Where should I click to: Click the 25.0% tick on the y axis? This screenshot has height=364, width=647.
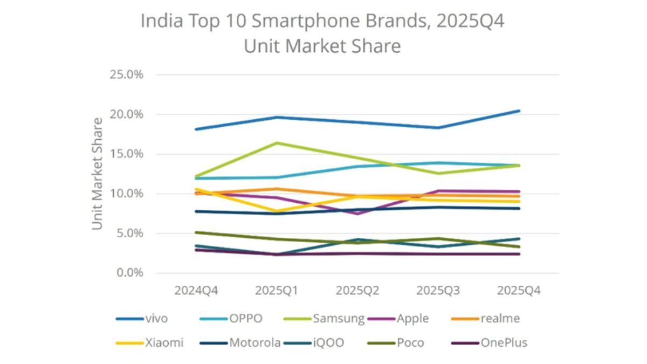tap(126, 74)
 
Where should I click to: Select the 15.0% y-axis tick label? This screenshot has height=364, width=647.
tap(126, 154)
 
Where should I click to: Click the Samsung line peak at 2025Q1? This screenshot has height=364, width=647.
tap(277, 143)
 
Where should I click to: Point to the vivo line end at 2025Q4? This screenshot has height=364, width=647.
tap(519, 111)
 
